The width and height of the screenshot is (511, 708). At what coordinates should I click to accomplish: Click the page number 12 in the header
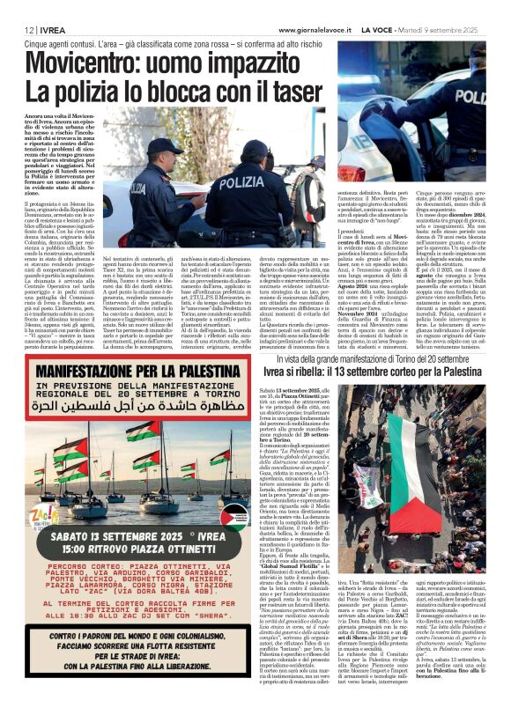point(17,28)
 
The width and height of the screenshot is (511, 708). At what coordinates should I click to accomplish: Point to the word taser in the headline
point(297,91)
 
